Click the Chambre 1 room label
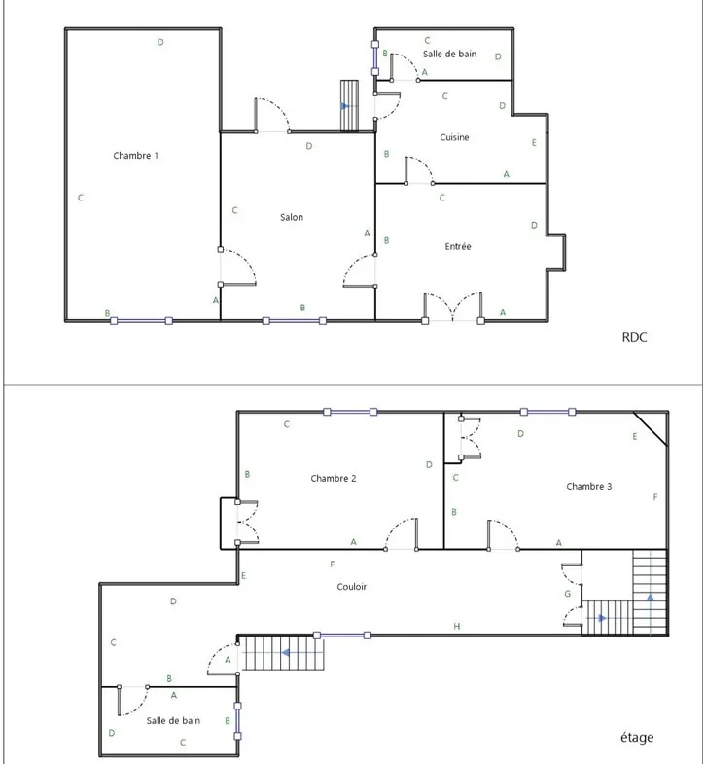(135, 156)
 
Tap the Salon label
(292, 217)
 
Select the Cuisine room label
(454, 137)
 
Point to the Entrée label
(458, 247)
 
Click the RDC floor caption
(634, 338)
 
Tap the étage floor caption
(637, 737)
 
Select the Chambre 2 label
(334, 478)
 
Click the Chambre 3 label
(589, 486)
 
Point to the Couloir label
(352, 587)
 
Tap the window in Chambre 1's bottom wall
(141, 320)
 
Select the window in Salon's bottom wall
(295, 320)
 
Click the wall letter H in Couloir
(457, 626)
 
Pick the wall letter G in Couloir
(568, 594)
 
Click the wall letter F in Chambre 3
(655, 497)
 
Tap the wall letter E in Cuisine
(535, 143)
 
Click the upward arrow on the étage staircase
(649, 598)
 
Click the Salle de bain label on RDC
(449, 55)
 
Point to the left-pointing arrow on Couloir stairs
(287, 652)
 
